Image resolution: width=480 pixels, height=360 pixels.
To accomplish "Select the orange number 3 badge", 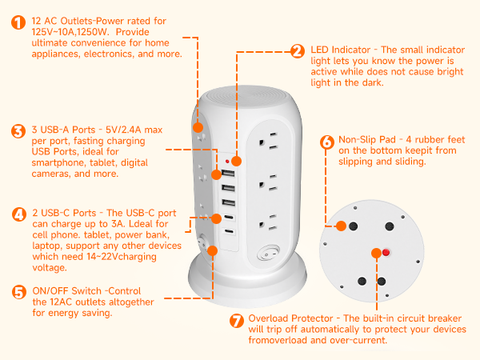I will (18, 130).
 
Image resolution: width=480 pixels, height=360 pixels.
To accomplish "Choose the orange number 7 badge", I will (236, 321).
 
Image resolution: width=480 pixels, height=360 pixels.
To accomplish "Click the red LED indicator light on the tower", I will (237, 160).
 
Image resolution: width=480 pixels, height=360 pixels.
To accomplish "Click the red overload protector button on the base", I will (385, 253).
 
